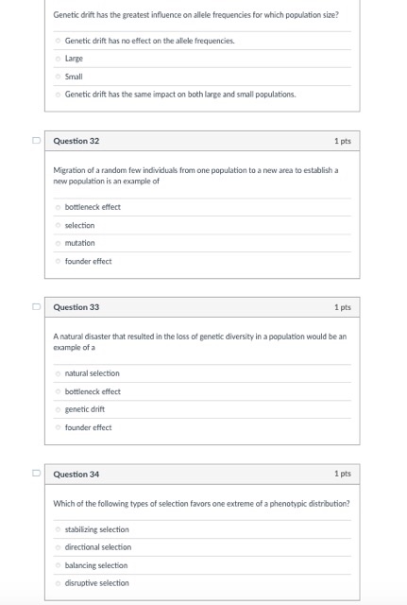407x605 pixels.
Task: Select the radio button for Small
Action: pos(59,77)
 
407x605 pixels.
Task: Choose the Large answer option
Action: pos(59,59)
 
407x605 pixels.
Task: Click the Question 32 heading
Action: pos(76,141)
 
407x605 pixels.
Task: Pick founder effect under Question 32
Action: pos(59,261)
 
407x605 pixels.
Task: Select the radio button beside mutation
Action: pos(59,243)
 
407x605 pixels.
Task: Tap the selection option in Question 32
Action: pos(59,225)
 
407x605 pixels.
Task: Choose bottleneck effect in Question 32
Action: pos(59,207)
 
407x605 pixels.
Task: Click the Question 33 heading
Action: pos(76,307)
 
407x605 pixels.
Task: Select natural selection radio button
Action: pos(59,373)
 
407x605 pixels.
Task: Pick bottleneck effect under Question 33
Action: pos(59,391)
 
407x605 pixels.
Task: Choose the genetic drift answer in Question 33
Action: pos(59,409)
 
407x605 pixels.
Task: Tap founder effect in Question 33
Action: pos(59,427)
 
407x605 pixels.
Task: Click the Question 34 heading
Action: pos(76,474)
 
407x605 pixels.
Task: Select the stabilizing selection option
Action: pos(59,529)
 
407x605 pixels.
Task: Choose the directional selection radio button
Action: pos(59,547)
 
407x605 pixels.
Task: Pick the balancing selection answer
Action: pos(59,565)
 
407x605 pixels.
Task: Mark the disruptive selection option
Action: pos(59,583)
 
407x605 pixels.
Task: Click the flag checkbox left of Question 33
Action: pos(36,307)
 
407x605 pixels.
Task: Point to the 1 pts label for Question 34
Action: pos(342,474)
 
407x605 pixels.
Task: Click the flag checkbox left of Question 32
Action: pos(36,141)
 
